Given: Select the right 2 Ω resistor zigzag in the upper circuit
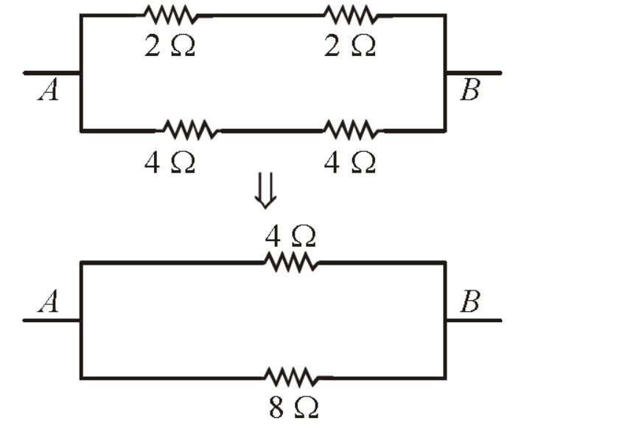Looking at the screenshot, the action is click(x=352, y=15).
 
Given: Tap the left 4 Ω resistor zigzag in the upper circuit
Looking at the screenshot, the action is click(x=190, y=130).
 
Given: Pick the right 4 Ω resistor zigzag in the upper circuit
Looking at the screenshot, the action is click(x=353, y=130).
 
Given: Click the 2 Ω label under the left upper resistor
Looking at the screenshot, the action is click(x=170, y=46).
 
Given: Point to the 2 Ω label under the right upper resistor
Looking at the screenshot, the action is click(x=349, y=46).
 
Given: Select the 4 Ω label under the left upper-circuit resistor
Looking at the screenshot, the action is click(x=170, y=163).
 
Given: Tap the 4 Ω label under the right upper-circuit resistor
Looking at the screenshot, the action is click(x=349, y=163).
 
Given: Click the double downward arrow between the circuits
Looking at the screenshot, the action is click(x=266, y=191).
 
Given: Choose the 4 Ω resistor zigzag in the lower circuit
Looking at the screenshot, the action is click(x=291, y=262).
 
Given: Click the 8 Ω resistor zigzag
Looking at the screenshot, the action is click(x=291, y=377).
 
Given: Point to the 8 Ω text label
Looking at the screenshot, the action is click(x=293, y=408).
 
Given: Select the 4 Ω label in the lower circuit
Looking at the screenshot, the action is click(x=290, y=236).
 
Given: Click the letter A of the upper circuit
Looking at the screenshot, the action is click(x=49, y=90).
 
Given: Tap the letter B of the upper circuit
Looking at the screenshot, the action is click(x=470, y=90).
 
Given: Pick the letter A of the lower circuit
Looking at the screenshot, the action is click(x=49, y=301).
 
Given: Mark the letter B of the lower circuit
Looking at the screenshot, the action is click(x=470, y=301).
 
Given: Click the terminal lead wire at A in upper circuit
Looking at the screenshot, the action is click(x=52, y=73).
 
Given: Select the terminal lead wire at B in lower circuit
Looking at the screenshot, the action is click(x=474, y=321).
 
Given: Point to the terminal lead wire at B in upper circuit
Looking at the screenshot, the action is click(x=474, y=73).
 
